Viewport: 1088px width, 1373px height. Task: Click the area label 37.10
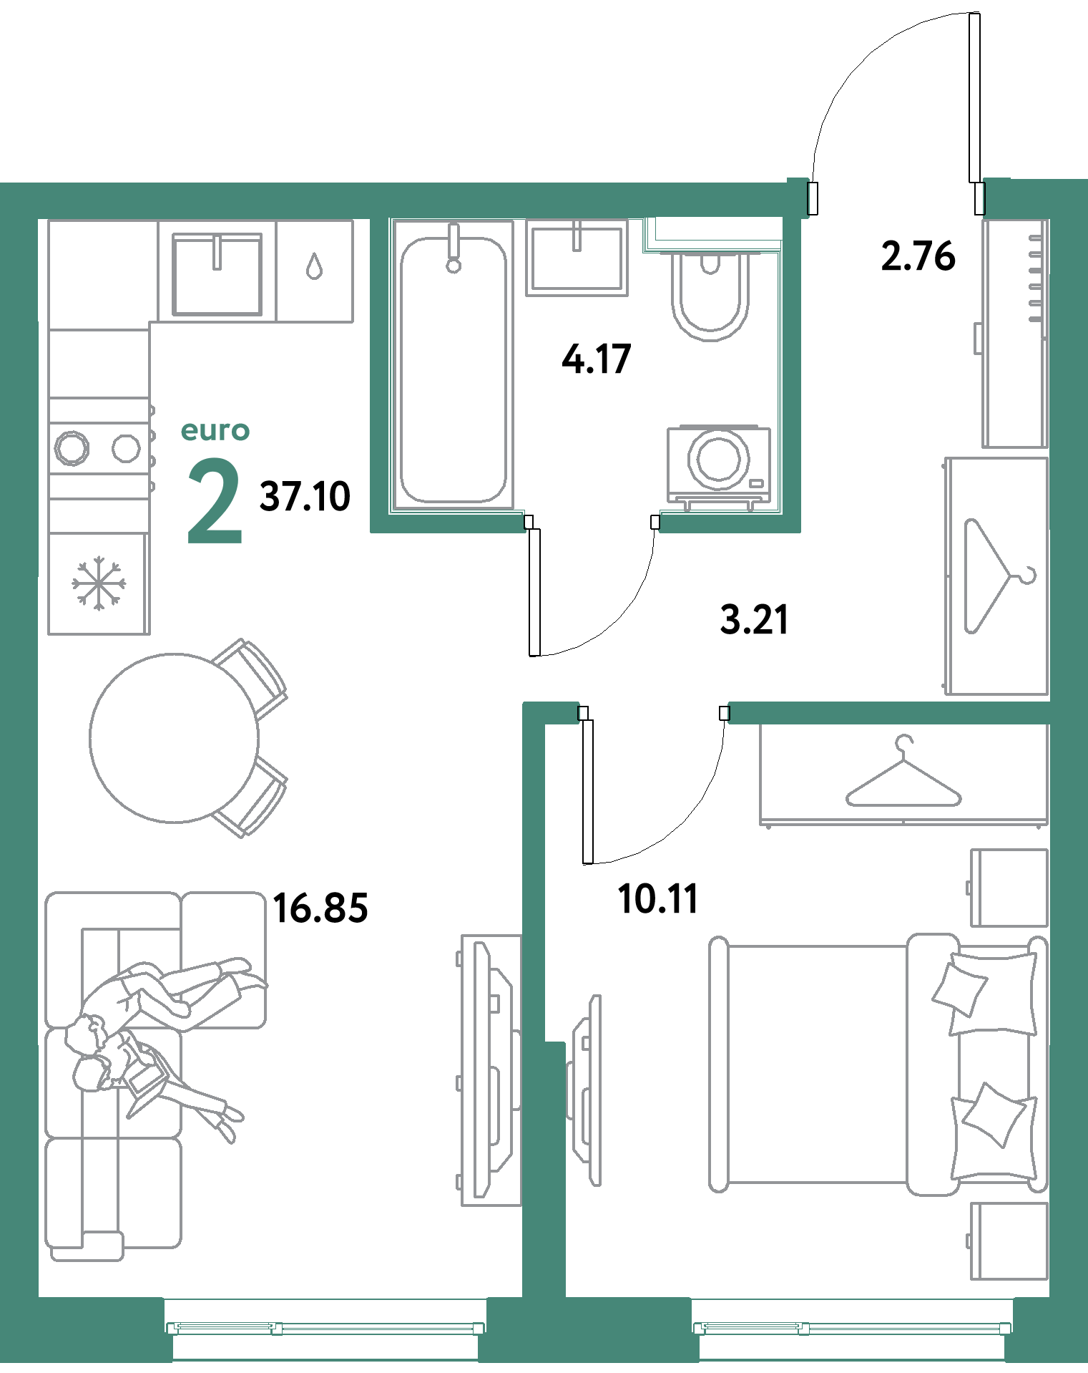tap(305, 495)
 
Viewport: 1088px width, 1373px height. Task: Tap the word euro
tap(215, 431)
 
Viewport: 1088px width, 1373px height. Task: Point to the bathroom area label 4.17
tap(597, 359)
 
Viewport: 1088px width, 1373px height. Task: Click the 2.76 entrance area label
tap(918, 256)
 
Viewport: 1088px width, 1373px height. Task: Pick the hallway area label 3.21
tap(755, 619)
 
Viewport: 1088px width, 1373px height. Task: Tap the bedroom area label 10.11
tap(657, 899)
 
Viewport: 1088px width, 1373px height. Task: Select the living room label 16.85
tap(320, 908)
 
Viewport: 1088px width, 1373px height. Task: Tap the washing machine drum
tap(718, 458)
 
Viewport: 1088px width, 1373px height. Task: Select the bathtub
tap(453, 369)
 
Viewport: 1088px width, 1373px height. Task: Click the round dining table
tap(174, 737)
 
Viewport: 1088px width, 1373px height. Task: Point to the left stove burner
tap(72, 448)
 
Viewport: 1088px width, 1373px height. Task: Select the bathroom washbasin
tap(577, 258)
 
